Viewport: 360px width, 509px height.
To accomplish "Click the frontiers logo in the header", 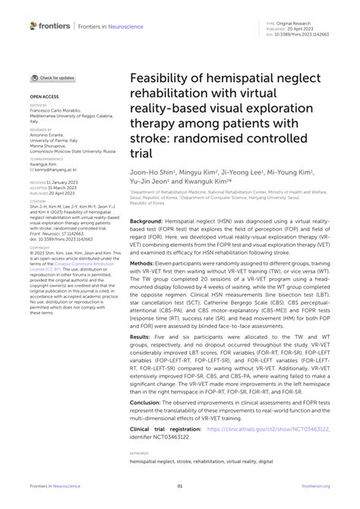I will [51, 27].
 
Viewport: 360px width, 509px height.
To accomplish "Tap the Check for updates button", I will [54, 77].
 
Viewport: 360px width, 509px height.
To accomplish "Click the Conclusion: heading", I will [147, 424].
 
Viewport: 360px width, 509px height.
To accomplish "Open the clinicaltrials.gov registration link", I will [251, 450].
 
